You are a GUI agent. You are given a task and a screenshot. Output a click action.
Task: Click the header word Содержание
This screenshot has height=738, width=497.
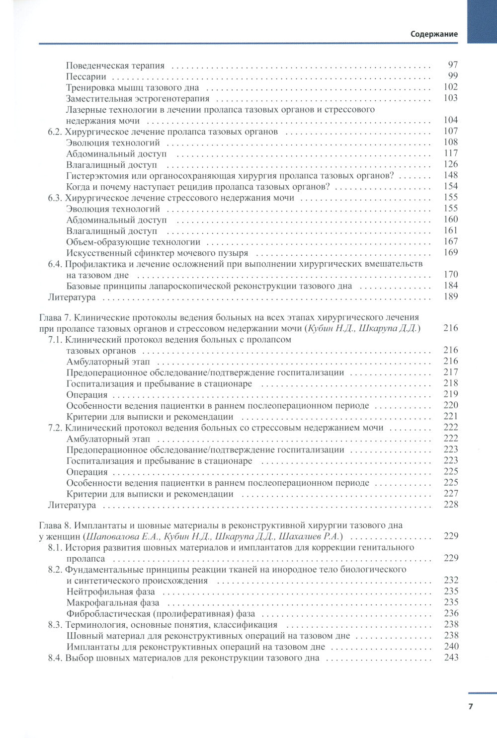(434, 34)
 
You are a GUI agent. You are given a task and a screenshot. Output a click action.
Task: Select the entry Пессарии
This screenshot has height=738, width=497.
(86, 76)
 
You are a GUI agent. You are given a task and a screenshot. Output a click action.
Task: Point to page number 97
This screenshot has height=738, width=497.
(452, 65)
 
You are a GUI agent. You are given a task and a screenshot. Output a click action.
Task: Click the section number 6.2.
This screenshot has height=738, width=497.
(55, 132)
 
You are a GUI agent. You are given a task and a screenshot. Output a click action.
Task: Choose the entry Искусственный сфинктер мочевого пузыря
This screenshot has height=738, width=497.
(157, 253)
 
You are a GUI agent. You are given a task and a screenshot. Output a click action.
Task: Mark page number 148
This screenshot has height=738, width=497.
(450, 175)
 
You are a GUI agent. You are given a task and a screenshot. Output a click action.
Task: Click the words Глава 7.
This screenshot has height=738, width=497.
(56, 317)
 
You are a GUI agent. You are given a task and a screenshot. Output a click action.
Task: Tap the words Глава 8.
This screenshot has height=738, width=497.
(56, 525)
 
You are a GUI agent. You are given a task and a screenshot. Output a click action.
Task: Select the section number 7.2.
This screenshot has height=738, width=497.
(55, 428)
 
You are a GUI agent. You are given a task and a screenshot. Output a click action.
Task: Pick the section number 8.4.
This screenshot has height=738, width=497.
(55, 658)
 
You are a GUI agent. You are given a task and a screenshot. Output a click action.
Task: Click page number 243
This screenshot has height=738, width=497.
(451, 658)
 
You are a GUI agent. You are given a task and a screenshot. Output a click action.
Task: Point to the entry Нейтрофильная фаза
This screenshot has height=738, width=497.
(110, 591)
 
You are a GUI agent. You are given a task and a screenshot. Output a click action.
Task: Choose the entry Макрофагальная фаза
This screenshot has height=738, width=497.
(113, 602)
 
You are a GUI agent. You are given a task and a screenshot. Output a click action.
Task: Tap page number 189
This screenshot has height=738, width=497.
(450, 296)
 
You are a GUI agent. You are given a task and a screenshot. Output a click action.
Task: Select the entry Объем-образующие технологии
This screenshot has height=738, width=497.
(133, 242)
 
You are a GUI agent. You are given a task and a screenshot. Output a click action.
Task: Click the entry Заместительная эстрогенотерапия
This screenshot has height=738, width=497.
(138, 98)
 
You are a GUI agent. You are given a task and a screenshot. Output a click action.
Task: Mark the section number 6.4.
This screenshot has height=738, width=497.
(55, 264)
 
